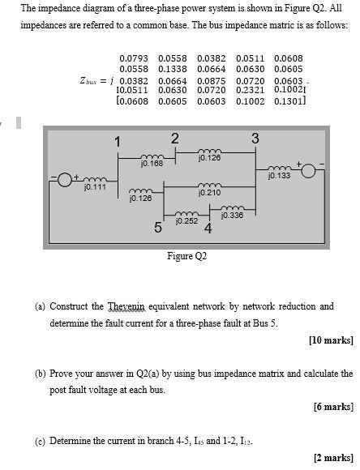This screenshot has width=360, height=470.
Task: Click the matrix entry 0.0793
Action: [135, 58]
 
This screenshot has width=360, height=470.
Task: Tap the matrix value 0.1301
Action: [289, 102]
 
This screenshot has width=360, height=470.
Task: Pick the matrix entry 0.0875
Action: [212, 81]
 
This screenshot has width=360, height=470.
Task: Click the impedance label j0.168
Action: [152, 164]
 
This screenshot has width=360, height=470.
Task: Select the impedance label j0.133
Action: [278, 176]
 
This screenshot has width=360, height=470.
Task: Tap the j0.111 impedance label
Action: [95, 187]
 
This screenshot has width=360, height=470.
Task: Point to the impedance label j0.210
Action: [209, 193]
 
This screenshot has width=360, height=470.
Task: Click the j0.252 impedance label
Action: [186, 220]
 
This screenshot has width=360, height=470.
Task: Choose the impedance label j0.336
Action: [232, 215]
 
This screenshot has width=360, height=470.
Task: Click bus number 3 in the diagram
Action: [255, 139]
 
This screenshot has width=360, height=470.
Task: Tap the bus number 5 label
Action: [159, 228]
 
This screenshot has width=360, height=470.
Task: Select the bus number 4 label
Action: [208, 229]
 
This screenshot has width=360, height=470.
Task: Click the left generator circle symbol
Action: [66, 177]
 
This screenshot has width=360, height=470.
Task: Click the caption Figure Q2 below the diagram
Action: [187, 256]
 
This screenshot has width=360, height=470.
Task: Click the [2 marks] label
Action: [333, 458]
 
